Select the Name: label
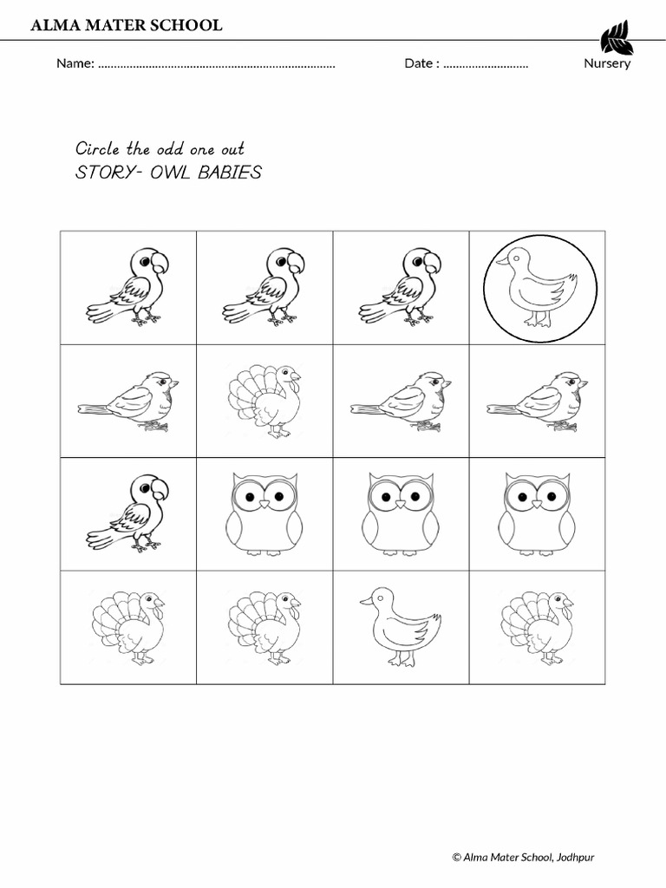pos(75,63)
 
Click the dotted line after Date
pos(486,64)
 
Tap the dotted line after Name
pos(217,64)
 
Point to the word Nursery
pos(607,63)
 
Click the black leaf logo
pos(617,36)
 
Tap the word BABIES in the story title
pos(230,172)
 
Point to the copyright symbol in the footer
pos(456,858)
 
